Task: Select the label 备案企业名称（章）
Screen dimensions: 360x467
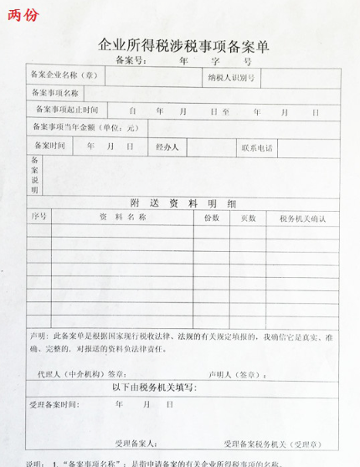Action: pyautogui.click(x=64, y=75)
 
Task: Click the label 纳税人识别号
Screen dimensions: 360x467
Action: pyautogui.click(x=231, y=77)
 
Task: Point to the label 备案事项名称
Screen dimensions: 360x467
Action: pyautogui.click(x=54, y=93)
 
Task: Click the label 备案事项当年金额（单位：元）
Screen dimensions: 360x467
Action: pyautogui.click(x=85, y=127)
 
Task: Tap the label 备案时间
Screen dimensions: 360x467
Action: pyautogui.click(x=49, y=146)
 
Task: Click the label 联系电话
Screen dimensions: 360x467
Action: pyautogui.click(x=257, y=147)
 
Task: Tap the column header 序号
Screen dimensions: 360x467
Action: pyautogui.click(x=39, y=217)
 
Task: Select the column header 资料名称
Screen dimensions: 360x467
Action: pyautogui.click(x=123, y=217)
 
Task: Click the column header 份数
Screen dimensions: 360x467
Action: pyautogui.click(x=212, y=218)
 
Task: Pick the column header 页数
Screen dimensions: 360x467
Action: pyautogui.click(x=249, y=218)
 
